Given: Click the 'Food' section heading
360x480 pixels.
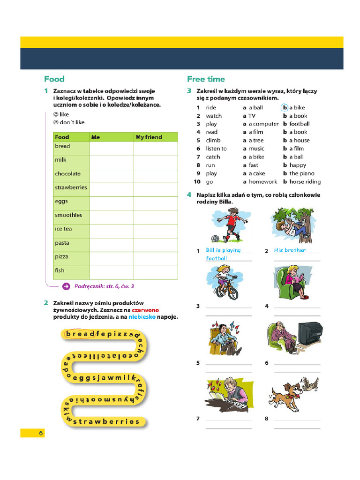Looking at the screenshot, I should [x=54, y=79].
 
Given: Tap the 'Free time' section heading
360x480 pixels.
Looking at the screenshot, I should [x=206, y=79].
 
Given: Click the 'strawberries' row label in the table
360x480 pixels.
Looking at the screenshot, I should [x=71, y=187].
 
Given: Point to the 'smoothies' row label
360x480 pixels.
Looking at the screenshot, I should [x=68, y=215].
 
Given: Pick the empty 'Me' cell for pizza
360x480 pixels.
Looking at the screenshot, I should [x=111, y=257].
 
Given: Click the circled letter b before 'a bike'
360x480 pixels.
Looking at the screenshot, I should [x=285, y=108].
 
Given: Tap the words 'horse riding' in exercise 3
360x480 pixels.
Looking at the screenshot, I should [x=305, y=181].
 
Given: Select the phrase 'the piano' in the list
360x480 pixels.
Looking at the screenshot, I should [x=302, y=173].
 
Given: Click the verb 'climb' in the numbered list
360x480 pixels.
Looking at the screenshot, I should [x=213, y=140].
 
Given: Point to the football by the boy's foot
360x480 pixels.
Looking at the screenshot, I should [x=215, y=239].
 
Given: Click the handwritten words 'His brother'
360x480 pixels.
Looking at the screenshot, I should [x=290, y=250].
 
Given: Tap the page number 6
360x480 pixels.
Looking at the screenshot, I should [x=41, y=433].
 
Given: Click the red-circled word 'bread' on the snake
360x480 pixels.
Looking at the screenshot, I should [x=80, y=334].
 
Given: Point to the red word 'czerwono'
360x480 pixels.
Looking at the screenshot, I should [x=145, y=310].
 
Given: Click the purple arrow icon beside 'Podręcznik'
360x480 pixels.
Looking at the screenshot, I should [x=67, y=285].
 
